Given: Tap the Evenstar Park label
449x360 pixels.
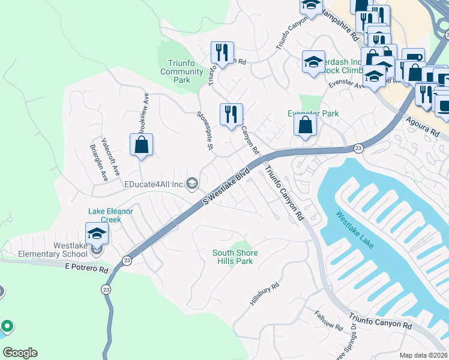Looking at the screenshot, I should point(313,113).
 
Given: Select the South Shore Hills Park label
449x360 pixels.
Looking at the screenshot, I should point(233,257).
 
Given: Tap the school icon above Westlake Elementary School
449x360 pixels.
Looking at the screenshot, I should point(96,233).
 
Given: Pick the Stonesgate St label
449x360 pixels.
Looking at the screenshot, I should point(205,130).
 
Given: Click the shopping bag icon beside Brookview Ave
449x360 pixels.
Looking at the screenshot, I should point(141,145).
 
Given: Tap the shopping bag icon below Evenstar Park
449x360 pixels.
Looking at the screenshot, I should point(305,125).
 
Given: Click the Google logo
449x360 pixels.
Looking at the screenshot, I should point(20,353).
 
